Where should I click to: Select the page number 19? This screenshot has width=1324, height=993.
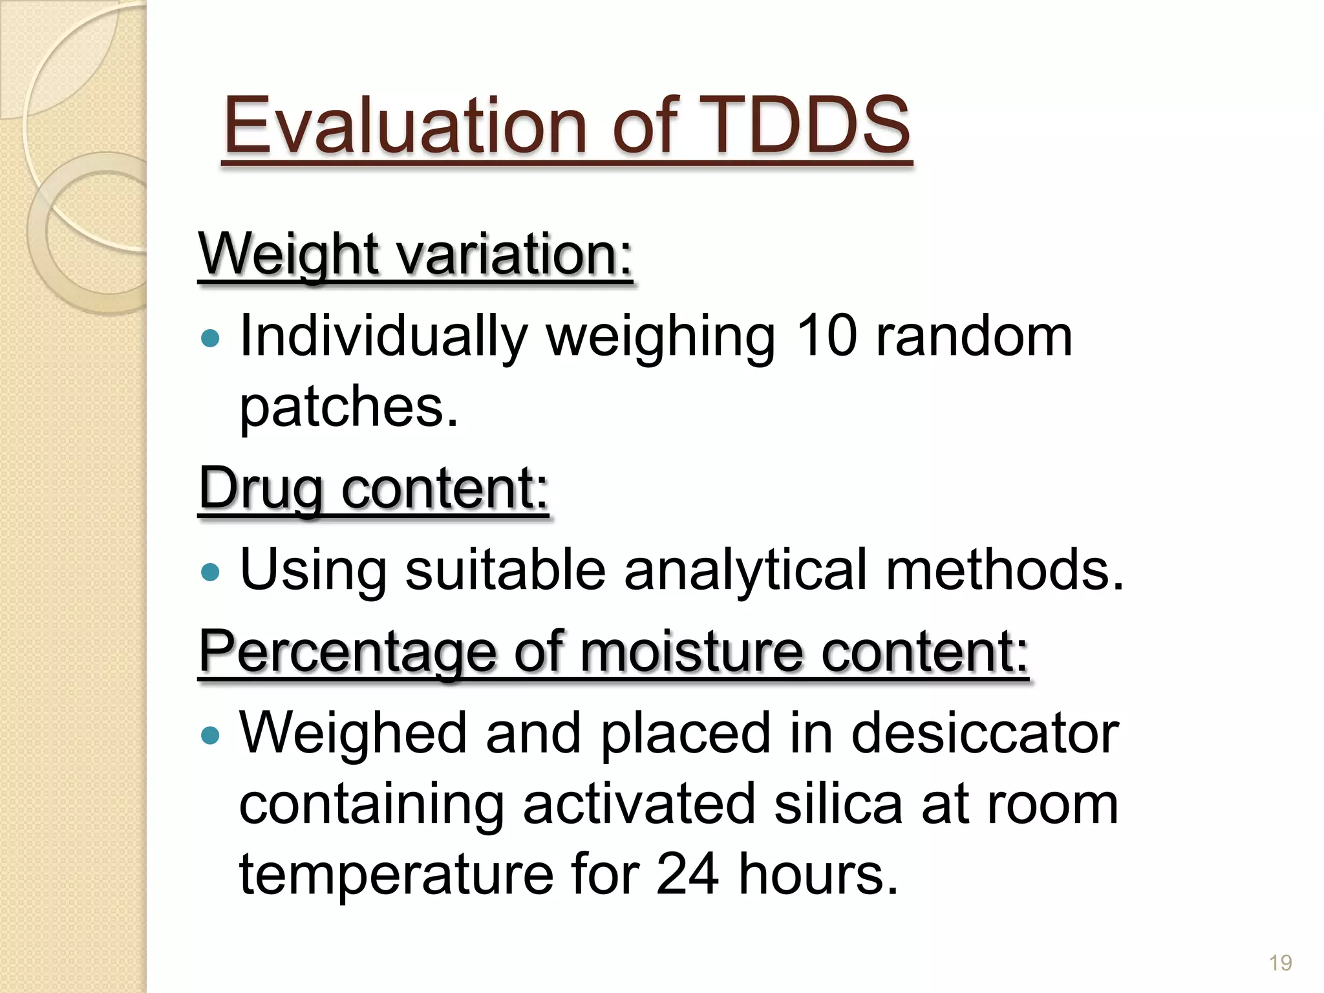[x=1280, y=963]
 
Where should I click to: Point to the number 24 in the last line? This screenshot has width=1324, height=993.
[x=687, y=873]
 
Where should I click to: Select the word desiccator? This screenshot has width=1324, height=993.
[x=985, y=733]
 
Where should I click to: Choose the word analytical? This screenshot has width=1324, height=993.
[x=745, y=570]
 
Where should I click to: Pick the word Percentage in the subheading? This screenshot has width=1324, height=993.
[x=347, y=652]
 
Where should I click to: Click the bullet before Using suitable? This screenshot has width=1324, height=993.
[x=210, y=571]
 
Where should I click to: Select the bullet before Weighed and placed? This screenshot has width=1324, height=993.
[x=210, y=735]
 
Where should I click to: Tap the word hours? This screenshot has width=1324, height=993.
[x=818, y=873]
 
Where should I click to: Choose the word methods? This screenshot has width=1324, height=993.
[x=1004, y=570]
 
